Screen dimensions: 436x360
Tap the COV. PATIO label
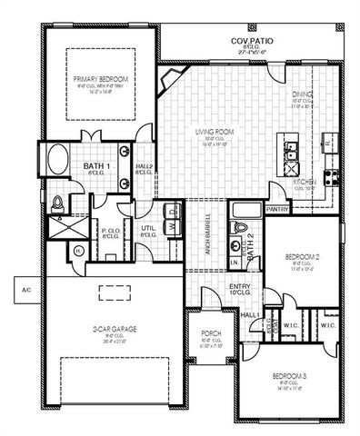click(251, 42)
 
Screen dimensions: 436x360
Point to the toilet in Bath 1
click(57, 202)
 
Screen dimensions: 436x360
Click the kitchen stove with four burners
click(333, 177)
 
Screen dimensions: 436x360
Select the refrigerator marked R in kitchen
click(327, 143)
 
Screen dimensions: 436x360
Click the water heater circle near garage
click(79, 252)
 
